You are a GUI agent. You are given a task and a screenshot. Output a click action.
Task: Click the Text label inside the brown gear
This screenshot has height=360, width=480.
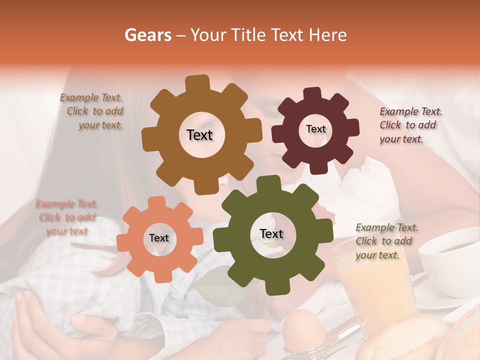pyautogui.click(x=199, y=135)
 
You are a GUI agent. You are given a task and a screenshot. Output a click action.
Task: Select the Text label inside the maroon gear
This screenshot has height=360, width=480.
pyautogui.click(x=315, y=129)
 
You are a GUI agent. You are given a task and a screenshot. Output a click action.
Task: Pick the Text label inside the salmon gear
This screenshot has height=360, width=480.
pyautogui.click(x=159, y=238)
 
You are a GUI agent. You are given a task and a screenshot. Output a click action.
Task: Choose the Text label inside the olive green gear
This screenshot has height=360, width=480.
pyautogui.click(x=271, y=234)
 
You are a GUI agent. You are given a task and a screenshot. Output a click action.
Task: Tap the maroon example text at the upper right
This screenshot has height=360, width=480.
pyautogui.click(x=410, y=125)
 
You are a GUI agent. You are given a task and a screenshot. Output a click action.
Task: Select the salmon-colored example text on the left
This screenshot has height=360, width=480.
pyautogui.click(x=66, y=217)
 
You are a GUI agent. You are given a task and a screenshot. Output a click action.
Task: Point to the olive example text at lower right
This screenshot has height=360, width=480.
pyautogui.click(x=386, y=241)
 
